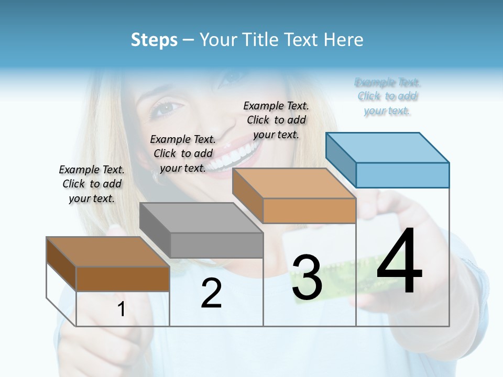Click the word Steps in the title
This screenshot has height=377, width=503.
(x=154, y=40)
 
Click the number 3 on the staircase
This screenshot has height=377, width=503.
(x=307, y=278)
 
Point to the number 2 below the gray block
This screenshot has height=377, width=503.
(x=211, y=293)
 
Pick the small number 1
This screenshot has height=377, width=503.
(x=122, y=309)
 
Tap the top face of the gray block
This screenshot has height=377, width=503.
(x=201, y=218)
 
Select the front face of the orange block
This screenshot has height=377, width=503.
(x=309, y=211)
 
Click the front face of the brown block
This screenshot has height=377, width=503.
(x=123, y=279)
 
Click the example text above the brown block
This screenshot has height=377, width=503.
(x=92, y=184)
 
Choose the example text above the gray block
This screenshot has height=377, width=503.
(x=183, y=153)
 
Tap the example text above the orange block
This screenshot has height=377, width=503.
(x=276, y=120)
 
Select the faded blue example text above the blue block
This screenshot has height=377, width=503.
(x=387, y=96)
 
